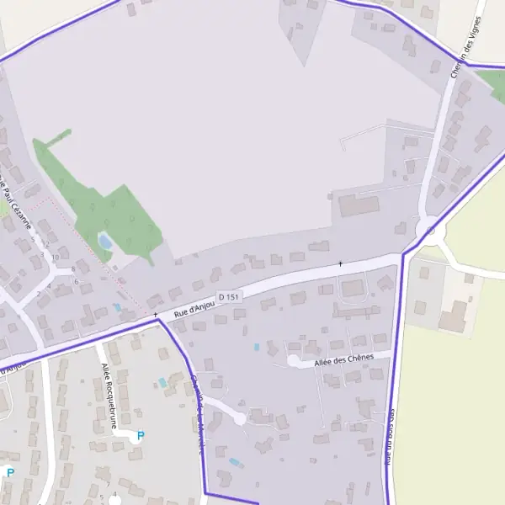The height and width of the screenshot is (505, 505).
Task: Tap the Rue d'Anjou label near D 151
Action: [x=191, y=309]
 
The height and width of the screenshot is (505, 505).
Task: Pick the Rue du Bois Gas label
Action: [x=390, y=438]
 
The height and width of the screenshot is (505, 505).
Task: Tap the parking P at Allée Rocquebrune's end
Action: [x=141, y=435]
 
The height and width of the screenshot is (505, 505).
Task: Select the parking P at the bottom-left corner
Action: [x=10, y=473]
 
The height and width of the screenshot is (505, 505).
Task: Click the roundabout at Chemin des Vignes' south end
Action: [x=430, y=229]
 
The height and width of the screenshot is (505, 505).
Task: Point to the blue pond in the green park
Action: [x=105, y=242]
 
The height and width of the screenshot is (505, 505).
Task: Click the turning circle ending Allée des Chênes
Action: [x=293, y=360]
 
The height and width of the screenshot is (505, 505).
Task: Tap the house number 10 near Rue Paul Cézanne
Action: [x=55, y=257]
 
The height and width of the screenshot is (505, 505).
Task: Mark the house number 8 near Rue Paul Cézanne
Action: [x=74, y=269]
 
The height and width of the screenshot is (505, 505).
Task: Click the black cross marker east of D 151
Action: [x=340, y=263]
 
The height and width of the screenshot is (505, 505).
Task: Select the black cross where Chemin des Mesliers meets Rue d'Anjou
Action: [x=156, y=315]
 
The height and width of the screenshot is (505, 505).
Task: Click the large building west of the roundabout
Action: [x=359, y=205]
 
